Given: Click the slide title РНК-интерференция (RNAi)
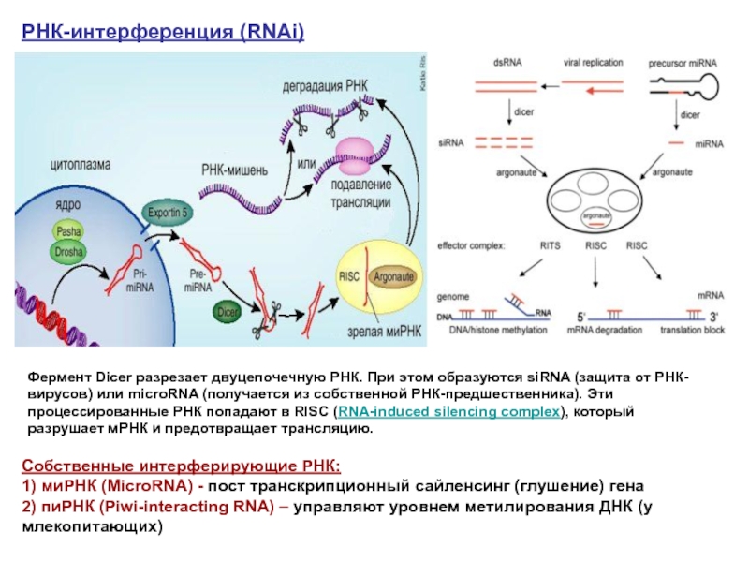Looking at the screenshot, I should (x=164, y=33).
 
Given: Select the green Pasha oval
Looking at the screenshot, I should (x=69, y=231).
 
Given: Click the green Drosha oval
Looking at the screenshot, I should (x=68, y=252).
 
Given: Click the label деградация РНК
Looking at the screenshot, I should (x=326, y=87).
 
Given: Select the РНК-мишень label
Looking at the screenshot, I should (x=235, y=171).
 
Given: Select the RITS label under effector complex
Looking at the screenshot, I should (x=550, y=245).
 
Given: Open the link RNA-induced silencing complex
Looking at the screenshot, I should (x=449, y=412).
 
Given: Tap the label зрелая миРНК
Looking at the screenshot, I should (x=374, y=329).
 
